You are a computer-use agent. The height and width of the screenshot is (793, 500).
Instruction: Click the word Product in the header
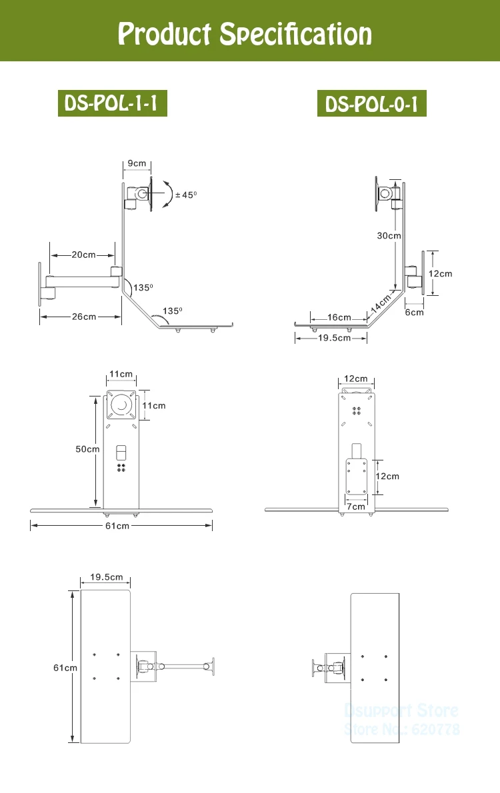[165, 34]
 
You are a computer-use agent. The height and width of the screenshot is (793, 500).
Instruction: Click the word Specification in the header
[296, 35]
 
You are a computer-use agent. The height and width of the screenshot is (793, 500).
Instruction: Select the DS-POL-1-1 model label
[112, 103]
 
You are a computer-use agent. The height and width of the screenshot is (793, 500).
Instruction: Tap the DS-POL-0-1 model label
[371, 104]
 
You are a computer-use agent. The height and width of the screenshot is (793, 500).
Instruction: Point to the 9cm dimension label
[137, 163]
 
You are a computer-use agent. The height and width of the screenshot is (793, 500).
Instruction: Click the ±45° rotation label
[186, 195]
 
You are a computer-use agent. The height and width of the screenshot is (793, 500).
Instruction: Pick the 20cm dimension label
[83, 255]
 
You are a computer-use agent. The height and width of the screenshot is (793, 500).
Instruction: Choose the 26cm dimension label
[84, 317]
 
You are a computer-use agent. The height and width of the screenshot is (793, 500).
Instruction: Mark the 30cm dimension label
[389, 236]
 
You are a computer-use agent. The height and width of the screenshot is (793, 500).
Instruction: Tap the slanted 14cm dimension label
[381, 303]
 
